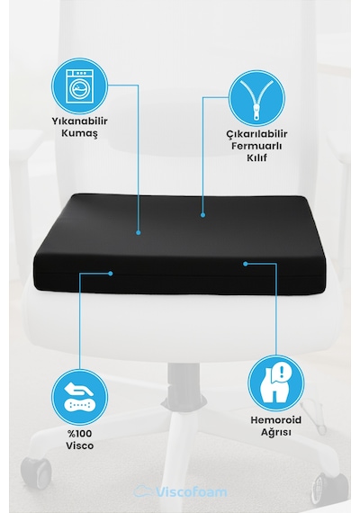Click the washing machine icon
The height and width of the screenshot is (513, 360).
[x=79, y=86]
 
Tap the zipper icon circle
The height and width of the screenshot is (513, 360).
[x=256, y=98]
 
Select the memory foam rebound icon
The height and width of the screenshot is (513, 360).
[x=79, y=397]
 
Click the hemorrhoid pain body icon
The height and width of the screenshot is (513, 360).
[x=276, y=383]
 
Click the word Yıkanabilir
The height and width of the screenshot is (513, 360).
[x=79, y=121]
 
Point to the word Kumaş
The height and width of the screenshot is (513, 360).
[x=79, y=133]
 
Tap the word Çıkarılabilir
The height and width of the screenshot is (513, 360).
[x=256, y=134]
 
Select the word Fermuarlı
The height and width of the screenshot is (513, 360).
[x=256, y=146]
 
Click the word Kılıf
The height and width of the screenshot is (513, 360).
[x=256, y=157]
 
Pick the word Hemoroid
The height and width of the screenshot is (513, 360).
[x=276, y=419]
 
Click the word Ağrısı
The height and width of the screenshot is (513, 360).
[x=276, y=432]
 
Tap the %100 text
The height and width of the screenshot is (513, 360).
[x=79, y=434]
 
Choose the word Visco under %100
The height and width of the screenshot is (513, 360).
[x=79, y=445]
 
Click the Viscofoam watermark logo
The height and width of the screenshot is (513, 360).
[x=180, y=491]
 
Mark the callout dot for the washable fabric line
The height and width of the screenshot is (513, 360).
[x=139, y=232]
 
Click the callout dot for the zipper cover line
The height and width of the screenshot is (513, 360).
[x=202, y=215]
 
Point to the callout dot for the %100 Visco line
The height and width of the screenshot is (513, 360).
[x=111, y=274]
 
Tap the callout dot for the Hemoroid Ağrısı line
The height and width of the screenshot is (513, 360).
[x=246, y=264]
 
